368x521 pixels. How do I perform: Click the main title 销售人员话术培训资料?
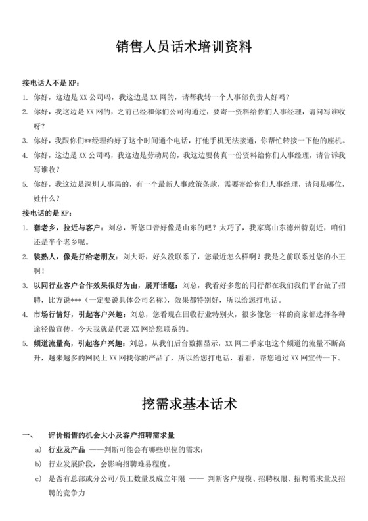pyautogui.click(x=184, y=49)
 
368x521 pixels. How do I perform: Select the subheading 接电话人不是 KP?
pyautogui.click(x=51, y=84)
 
